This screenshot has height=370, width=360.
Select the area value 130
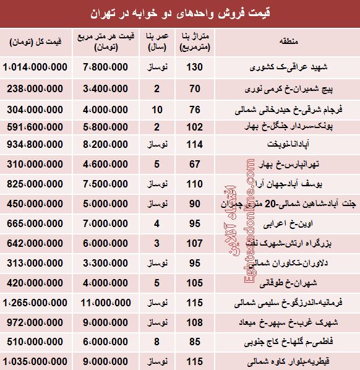pyautogui.click(x=197, y=66)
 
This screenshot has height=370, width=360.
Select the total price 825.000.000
pyautogui.click(x=37, y=185)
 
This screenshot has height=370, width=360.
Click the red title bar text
pyautogui.click(x=179, y=12)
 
